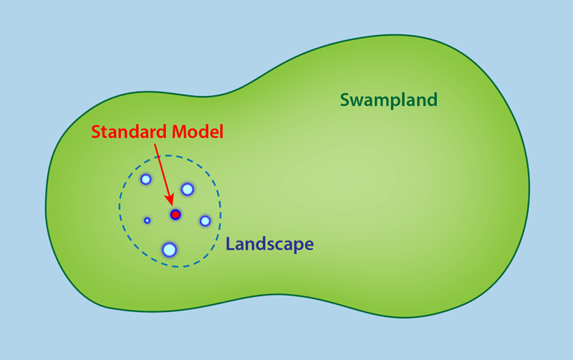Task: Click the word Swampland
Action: [x=388, y=99]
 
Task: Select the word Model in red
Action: [x=196, y=132]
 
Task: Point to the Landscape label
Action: [x=269, y=244]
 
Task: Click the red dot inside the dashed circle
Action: [x=175, y=214]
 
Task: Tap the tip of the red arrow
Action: [x=172, y=205]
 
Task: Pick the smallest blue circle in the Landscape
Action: [x=147, y=220]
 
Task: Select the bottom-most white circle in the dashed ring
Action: [x=170, y=250]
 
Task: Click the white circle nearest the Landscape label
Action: [x=205, y=220]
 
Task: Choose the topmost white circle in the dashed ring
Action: [x=145, y=179]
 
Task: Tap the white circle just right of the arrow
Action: [x=187, y=189]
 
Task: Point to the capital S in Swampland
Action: [x=345, y=99]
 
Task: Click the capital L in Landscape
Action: [x=231, y=244]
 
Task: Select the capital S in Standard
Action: [x=96, y=132]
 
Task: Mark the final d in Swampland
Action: [x=432, y=99]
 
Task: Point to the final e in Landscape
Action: [x=309, y=245]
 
